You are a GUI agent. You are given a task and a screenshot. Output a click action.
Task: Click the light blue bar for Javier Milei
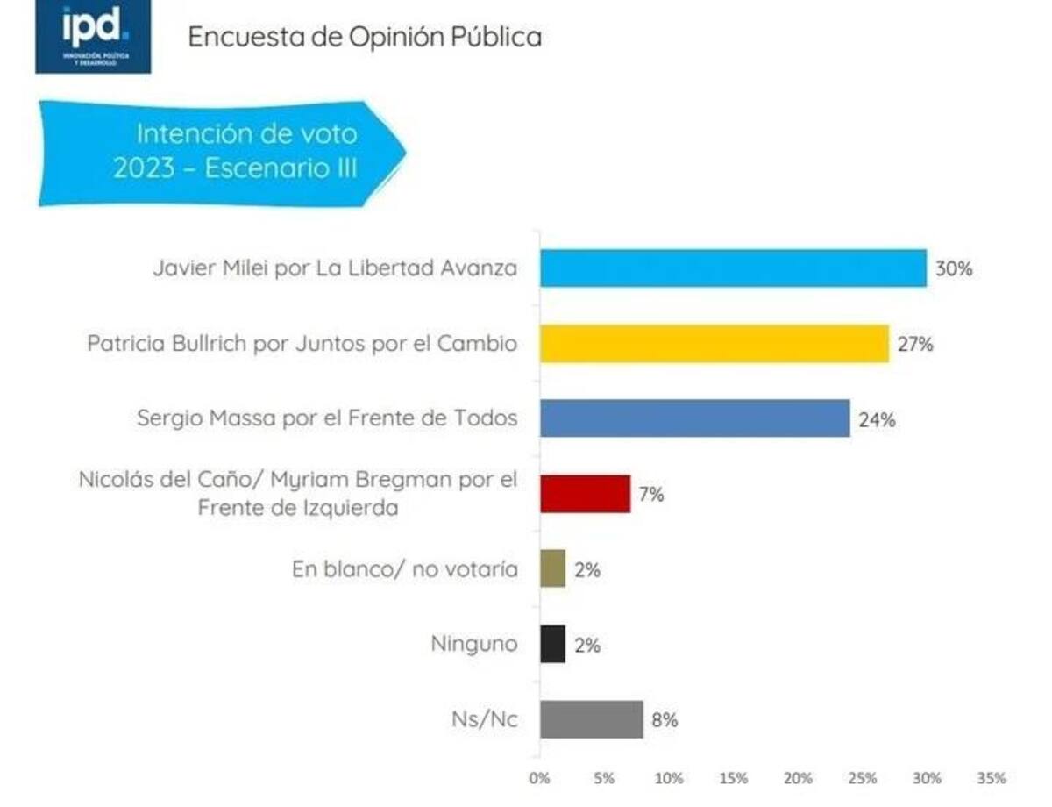click(732, 268)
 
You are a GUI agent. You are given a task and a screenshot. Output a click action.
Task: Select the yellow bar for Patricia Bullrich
click(714, 344)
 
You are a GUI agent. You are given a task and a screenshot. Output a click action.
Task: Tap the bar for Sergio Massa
click(694, 418)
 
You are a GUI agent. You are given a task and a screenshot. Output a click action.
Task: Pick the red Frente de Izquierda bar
click(585, 494)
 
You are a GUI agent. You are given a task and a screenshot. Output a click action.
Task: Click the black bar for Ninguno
click(552, 644)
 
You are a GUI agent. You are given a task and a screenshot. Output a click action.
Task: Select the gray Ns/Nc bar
click(591, 719)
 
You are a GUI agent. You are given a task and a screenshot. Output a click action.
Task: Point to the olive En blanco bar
click(552, 569)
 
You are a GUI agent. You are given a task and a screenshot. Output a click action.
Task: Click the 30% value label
click(954, 269)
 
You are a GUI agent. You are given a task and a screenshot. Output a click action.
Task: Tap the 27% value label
click(915, 345)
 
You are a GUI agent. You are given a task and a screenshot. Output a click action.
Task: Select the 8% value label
click(665, 720)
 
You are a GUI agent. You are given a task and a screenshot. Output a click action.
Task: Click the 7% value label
click(651, 495)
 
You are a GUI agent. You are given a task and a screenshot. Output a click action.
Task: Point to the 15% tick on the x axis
click(733, 778)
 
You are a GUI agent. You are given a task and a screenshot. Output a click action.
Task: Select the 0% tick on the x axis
click(540, 778)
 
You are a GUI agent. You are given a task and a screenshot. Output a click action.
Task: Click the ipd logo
click(93, 36)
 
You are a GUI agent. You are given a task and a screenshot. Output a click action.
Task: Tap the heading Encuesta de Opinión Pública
click(365, 37)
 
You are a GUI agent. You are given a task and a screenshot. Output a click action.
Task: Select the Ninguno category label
click(473, 645)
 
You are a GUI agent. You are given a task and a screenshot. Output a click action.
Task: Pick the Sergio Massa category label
click(327, 419)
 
